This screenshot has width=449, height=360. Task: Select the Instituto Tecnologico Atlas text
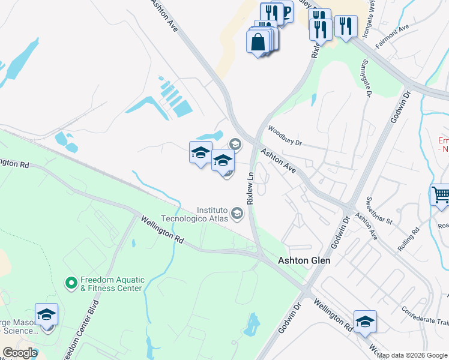[x=213, y=214]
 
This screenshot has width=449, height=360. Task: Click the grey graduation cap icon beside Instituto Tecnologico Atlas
[x=237, y=214]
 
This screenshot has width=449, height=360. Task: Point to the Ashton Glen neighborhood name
[x=304, y=261]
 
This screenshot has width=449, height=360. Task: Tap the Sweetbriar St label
[x=379, y=208]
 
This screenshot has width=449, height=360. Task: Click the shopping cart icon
[x=441, y=196]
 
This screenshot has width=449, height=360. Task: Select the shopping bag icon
[x=258, y=42]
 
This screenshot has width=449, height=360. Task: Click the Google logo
[x=20, y=353]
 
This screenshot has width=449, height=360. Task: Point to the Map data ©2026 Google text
[x=412, y=355]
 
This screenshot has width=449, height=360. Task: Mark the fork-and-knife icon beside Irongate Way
[x=345, y=26]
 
